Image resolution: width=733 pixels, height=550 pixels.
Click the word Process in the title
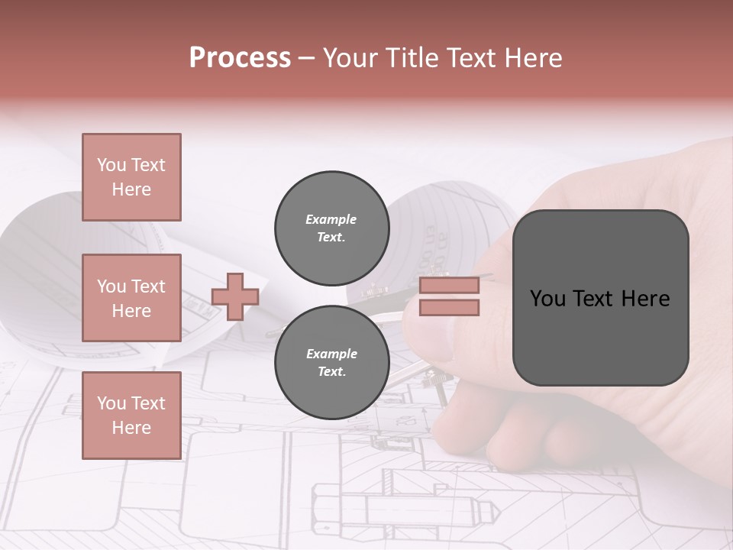[x=240, y=58]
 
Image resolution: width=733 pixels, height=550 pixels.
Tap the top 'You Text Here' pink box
[x=131, y=177]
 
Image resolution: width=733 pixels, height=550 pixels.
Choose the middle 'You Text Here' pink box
[x=131, y=298]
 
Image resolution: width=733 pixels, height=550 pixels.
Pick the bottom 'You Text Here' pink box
[x=131, y=415]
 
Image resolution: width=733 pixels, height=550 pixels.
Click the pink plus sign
[x=235, y=296]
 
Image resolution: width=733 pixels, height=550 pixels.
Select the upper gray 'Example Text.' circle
[x=331, y=228]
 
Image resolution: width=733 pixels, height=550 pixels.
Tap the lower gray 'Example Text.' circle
[x=331, y=362]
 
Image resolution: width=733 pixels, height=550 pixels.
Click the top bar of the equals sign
[x=449, y=286]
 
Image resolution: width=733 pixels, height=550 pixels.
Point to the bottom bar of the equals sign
[x=449, y=307]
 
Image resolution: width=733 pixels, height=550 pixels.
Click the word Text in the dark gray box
[x=599, y=299]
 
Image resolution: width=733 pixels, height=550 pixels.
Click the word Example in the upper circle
[x=331, y=219]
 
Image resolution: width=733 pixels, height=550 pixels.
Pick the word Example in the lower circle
[x=331, y=354]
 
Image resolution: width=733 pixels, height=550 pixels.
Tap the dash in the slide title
[x=307, y=58]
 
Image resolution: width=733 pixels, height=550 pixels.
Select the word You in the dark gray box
[x=547, y=299]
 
